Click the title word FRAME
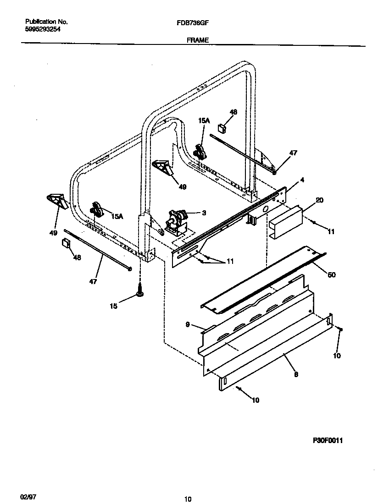tap(198, 40)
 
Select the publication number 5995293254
tap(43, 29)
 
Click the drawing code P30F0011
tap(328, 440)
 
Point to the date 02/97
tap(28, 497)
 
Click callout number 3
tap(204, 213)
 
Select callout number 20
tap(319, 200)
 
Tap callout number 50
tap(331, 274)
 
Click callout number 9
tap(188, 325)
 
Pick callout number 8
tap(296, 374)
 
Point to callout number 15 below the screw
tap(114, 306)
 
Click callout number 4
tap(302, 180)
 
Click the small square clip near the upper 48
tap(222, 128)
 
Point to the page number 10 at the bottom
tap(188, 499)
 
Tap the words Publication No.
tap(46, 22)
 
